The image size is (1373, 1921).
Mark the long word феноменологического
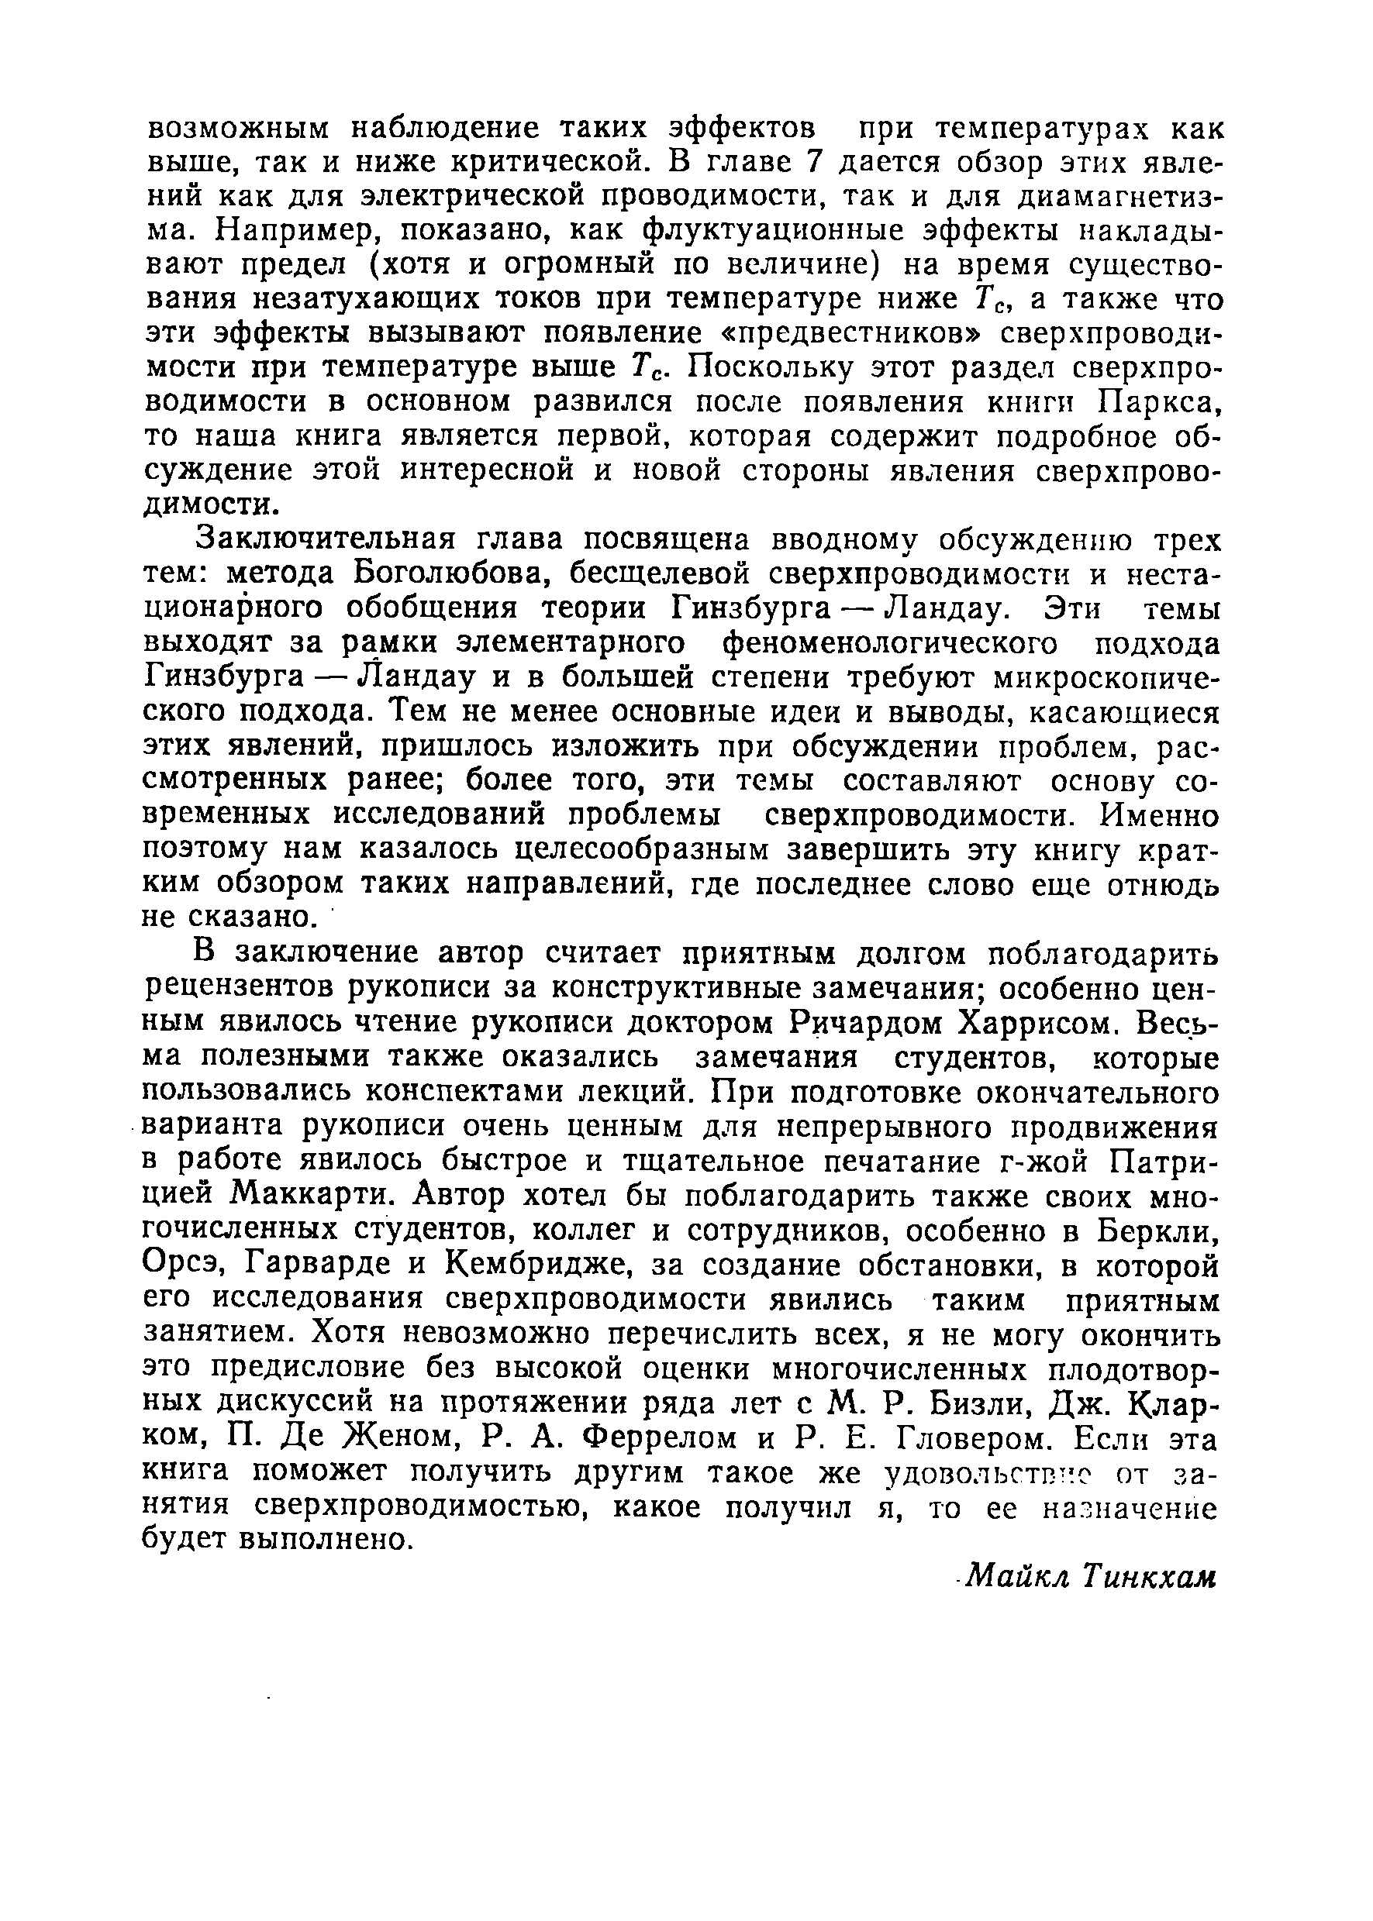pos(889,644)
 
